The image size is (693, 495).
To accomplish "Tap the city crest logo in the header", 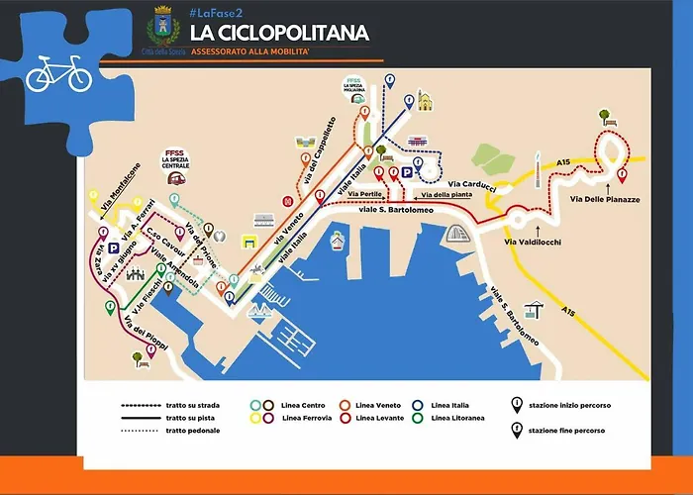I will point(158,23).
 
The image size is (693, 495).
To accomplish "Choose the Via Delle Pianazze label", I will point(606,198).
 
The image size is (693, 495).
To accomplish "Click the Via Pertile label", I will point(366,195).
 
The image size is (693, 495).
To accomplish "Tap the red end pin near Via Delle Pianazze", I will point(621,176).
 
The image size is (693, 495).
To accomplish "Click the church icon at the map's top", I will point(426,101).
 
